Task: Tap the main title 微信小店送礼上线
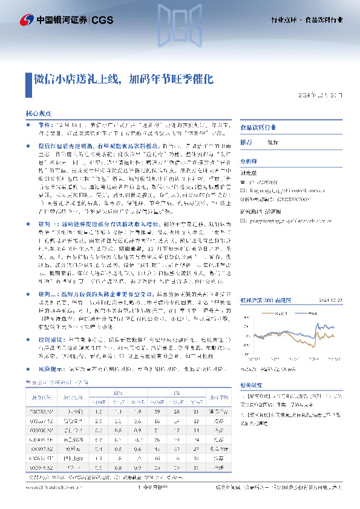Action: coord(73,79)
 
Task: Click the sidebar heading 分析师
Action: coord(249,162)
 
